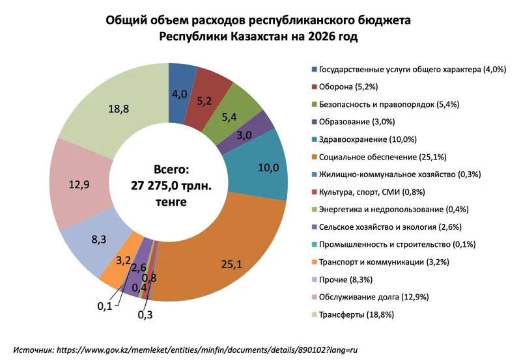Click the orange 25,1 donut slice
pyautogui.click(x=228, y=260)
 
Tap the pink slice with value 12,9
pyautogui.click(x=78, y=185)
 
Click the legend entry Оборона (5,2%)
pyautogui.click(x=351, y=86)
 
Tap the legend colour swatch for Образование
pyautogui.click(x=314, y=121)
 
